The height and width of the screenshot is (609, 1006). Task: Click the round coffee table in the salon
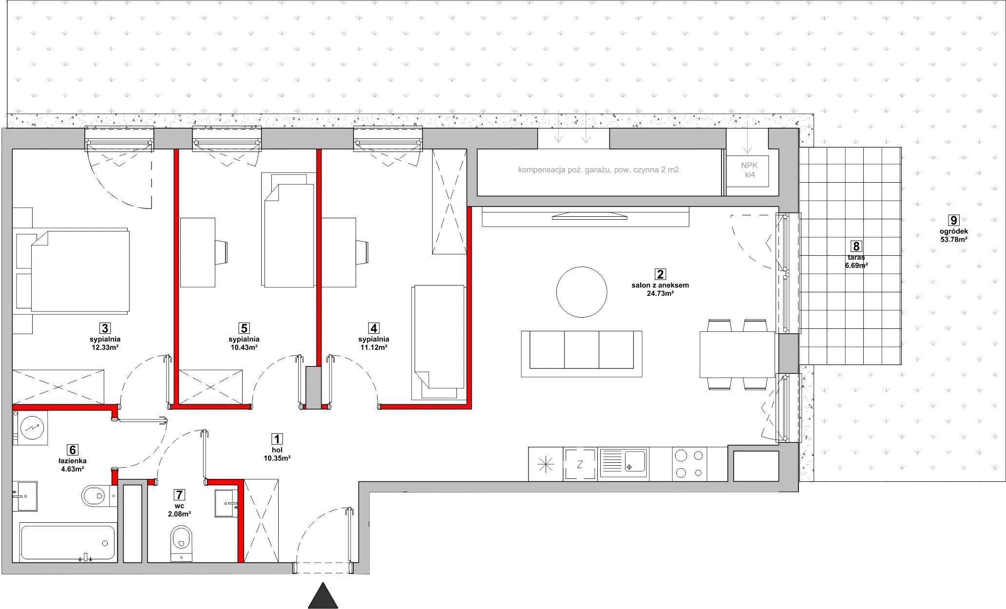(582, 292)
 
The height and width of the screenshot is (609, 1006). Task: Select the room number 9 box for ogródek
(953, 221)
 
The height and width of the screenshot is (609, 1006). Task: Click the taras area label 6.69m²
(856, 266)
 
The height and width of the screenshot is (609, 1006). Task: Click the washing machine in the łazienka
(31, 428)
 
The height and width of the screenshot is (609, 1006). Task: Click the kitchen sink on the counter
(624, 463)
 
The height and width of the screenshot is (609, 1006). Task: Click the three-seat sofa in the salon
(582, 350)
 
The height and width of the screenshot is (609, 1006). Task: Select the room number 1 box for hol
(277, 439)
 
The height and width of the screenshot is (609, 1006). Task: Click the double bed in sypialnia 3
(80, 271)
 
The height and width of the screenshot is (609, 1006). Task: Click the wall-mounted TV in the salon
(590, 215)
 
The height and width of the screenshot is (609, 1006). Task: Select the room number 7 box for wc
(180, 495)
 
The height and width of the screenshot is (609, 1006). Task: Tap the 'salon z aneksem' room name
(660, 285)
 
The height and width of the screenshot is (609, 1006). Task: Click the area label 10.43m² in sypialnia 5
(244, 347)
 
